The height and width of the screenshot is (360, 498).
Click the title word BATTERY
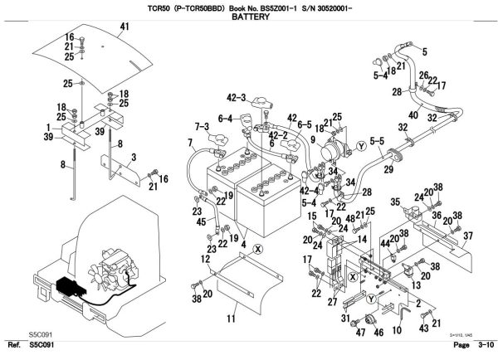click(x=249, y=16)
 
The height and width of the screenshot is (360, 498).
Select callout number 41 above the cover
click(x=125, y=27)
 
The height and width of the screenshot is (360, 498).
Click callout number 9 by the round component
click(x=314, y=139)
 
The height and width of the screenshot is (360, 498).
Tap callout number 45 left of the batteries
click(x=201, y=221)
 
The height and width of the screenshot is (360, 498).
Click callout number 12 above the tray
click(x=204, y=260)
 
